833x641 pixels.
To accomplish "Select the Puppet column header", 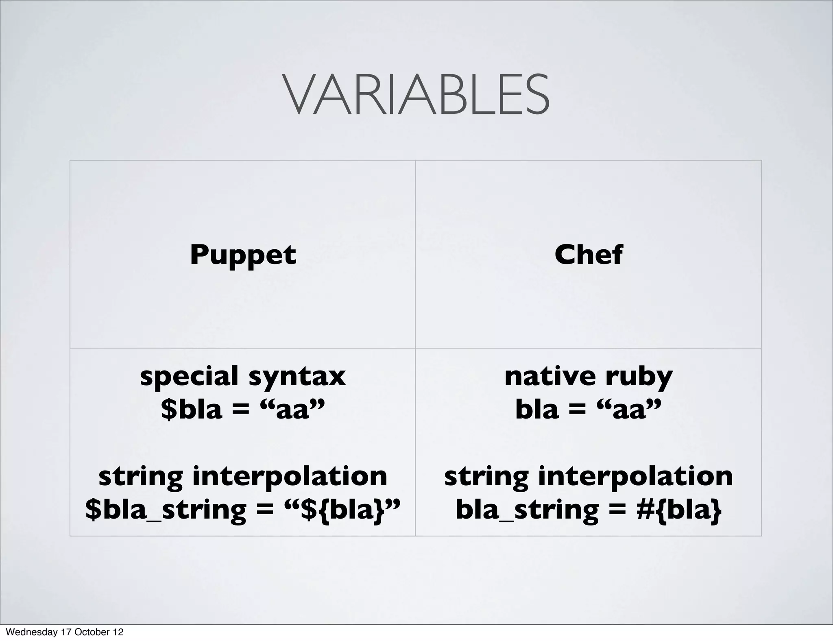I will click(x=243, y=255).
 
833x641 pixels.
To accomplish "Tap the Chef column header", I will click(x=588, y=255).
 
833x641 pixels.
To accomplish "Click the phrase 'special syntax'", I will click(x=243, y=377).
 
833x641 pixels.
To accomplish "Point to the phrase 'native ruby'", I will click(x=588, y=377).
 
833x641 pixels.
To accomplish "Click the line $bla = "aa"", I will click(x=243, y=409).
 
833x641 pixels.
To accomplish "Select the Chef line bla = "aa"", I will click(x=588, y=409).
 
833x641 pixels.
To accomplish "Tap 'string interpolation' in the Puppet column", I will click(x=243, y=476).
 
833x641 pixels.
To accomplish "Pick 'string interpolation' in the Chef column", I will click(x=588, y=476).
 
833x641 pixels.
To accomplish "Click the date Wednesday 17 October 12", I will click(x=65, y=632).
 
